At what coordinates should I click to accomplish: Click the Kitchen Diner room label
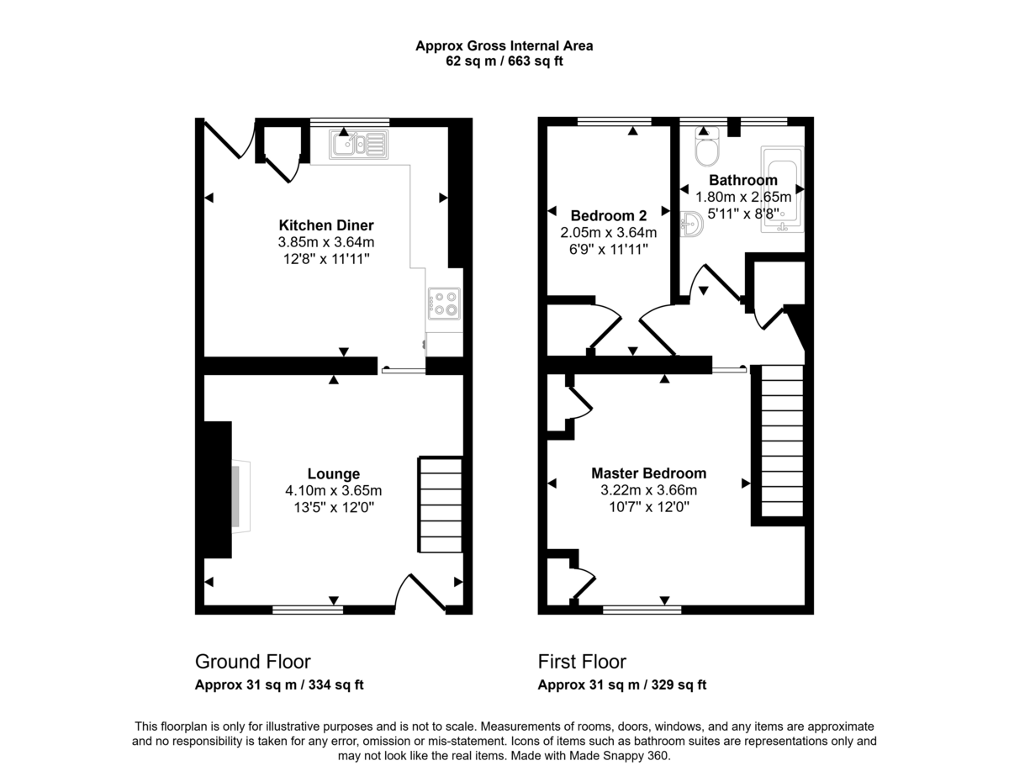click(x=326, y=225)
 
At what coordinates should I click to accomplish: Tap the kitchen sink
click(x=360, y=145)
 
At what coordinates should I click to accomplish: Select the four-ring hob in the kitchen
click(x=444, y=303)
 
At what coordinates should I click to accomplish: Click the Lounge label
click(x=333, y=474)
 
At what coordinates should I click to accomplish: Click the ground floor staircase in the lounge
click(x=441, y=505)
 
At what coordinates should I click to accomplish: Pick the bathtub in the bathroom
click(x=782, y=188)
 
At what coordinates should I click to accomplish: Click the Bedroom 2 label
click(x=608, y=214)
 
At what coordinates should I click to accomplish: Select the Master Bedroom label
click(x=648, y=473)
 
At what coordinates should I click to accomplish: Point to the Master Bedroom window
click(x=642, y=609)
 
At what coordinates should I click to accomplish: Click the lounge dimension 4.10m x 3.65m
click(x=333, y=491)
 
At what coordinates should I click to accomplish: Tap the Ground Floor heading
click(x=252, y=662)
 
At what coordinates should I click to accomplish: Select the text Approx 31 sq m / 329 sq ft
click(x=621, y=685)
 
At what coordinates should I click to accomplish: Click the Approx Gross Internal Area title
click(x=504, y=46)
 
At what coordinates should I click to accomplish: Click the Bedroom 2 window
click(x=614, y=122)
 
